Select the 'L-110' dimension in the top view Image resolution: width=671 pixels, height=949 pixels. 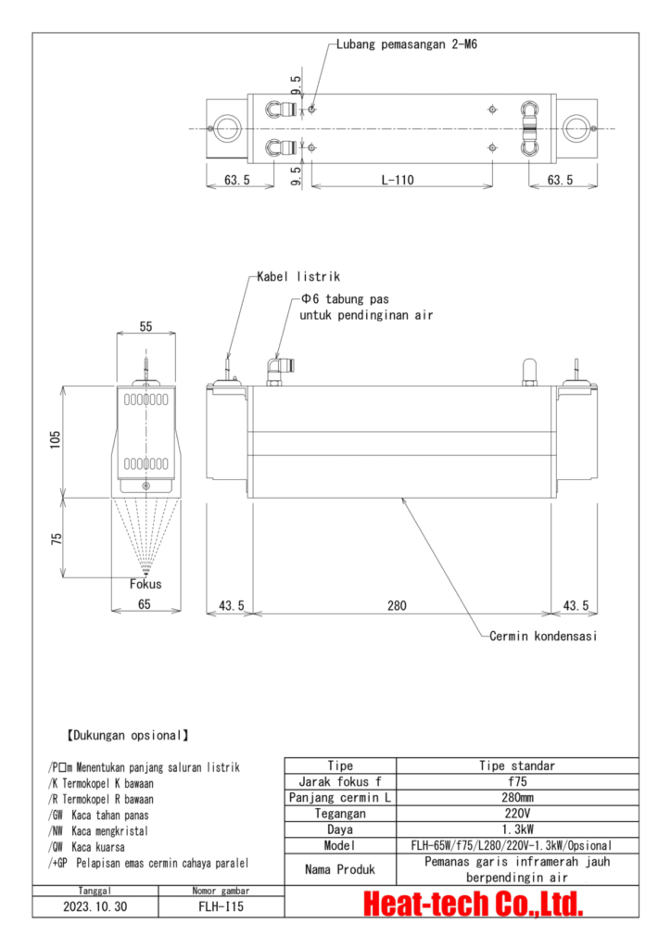click(399, 180)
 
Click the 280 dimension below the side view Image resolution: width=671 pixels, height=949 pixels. click(398, 605)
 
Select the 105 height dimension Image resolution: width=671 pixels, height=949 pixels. click(56, 437)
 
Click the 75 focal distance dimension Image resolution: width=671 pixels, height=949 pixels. click(56, 538)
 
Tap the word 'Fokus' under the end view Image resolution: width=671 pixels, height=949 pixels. click(146, 584)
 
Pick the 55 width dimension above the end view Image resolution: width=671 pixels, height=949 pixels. click(145, 327)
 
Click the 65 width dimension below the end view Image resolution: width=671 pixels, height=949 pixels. click(145, 605)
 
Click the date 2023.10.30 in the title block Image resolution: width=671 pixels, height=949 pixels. click(95, 907)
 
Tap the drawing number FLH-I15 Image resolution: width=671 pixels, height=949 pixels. click(222, 907)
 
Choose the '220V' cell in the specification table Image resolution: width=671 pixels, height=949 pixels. click(517, 813)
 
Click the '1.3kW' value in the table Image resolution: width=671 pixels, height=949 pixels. click(517, 829)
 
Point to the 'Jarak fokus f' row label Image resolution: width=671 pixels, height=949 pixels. click(340, 781)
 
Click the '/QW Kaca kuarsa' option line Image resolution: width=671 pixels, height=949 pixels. click(85, 846)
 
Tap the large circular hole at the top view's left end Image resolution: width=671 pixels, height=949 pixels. click(223, 128)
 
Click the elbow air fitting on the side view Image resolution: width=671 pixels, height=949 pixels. click(275, 370)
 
